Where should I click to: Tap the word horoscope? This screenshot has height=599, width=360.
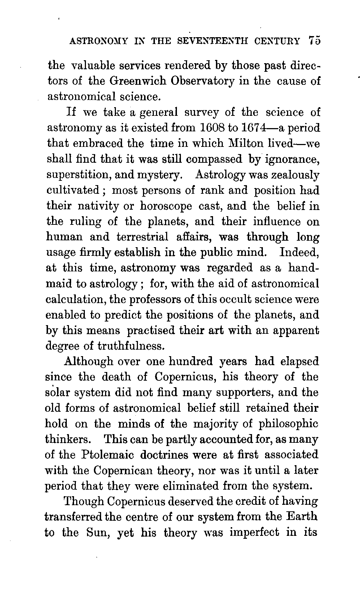coord(166,206)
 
